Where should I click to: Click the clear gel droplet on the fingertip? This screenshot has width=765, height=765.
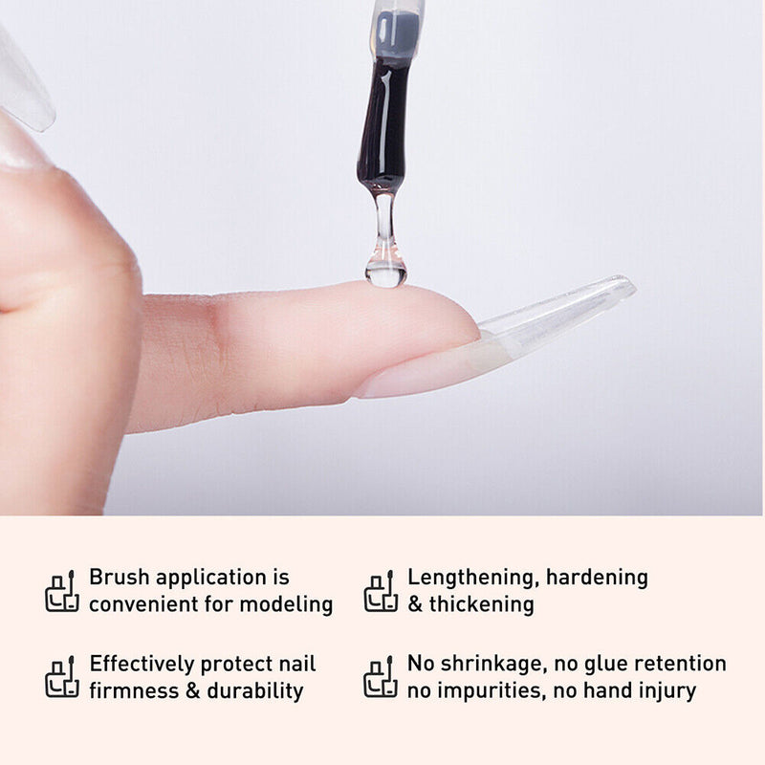385,273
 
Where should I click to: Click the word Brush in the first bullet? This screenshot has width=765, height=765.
119,578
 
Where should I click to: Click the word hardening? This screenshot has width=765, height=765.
597,578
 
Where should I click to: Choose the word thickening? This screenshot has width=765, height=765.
482,604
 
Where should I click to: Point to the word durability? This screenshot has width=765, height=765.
255,691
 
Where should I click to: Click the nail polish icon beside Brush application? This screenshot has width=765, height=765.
62,591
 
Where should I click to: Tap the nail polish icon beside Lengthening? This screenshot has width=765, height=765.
381,591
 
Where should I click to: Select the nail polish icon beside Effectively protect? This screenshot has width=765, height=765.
62,677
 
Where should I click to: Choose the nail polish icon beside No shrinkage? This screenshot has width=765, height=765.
381,677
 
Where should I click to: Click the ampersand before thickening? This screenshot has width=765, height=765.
415,604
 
